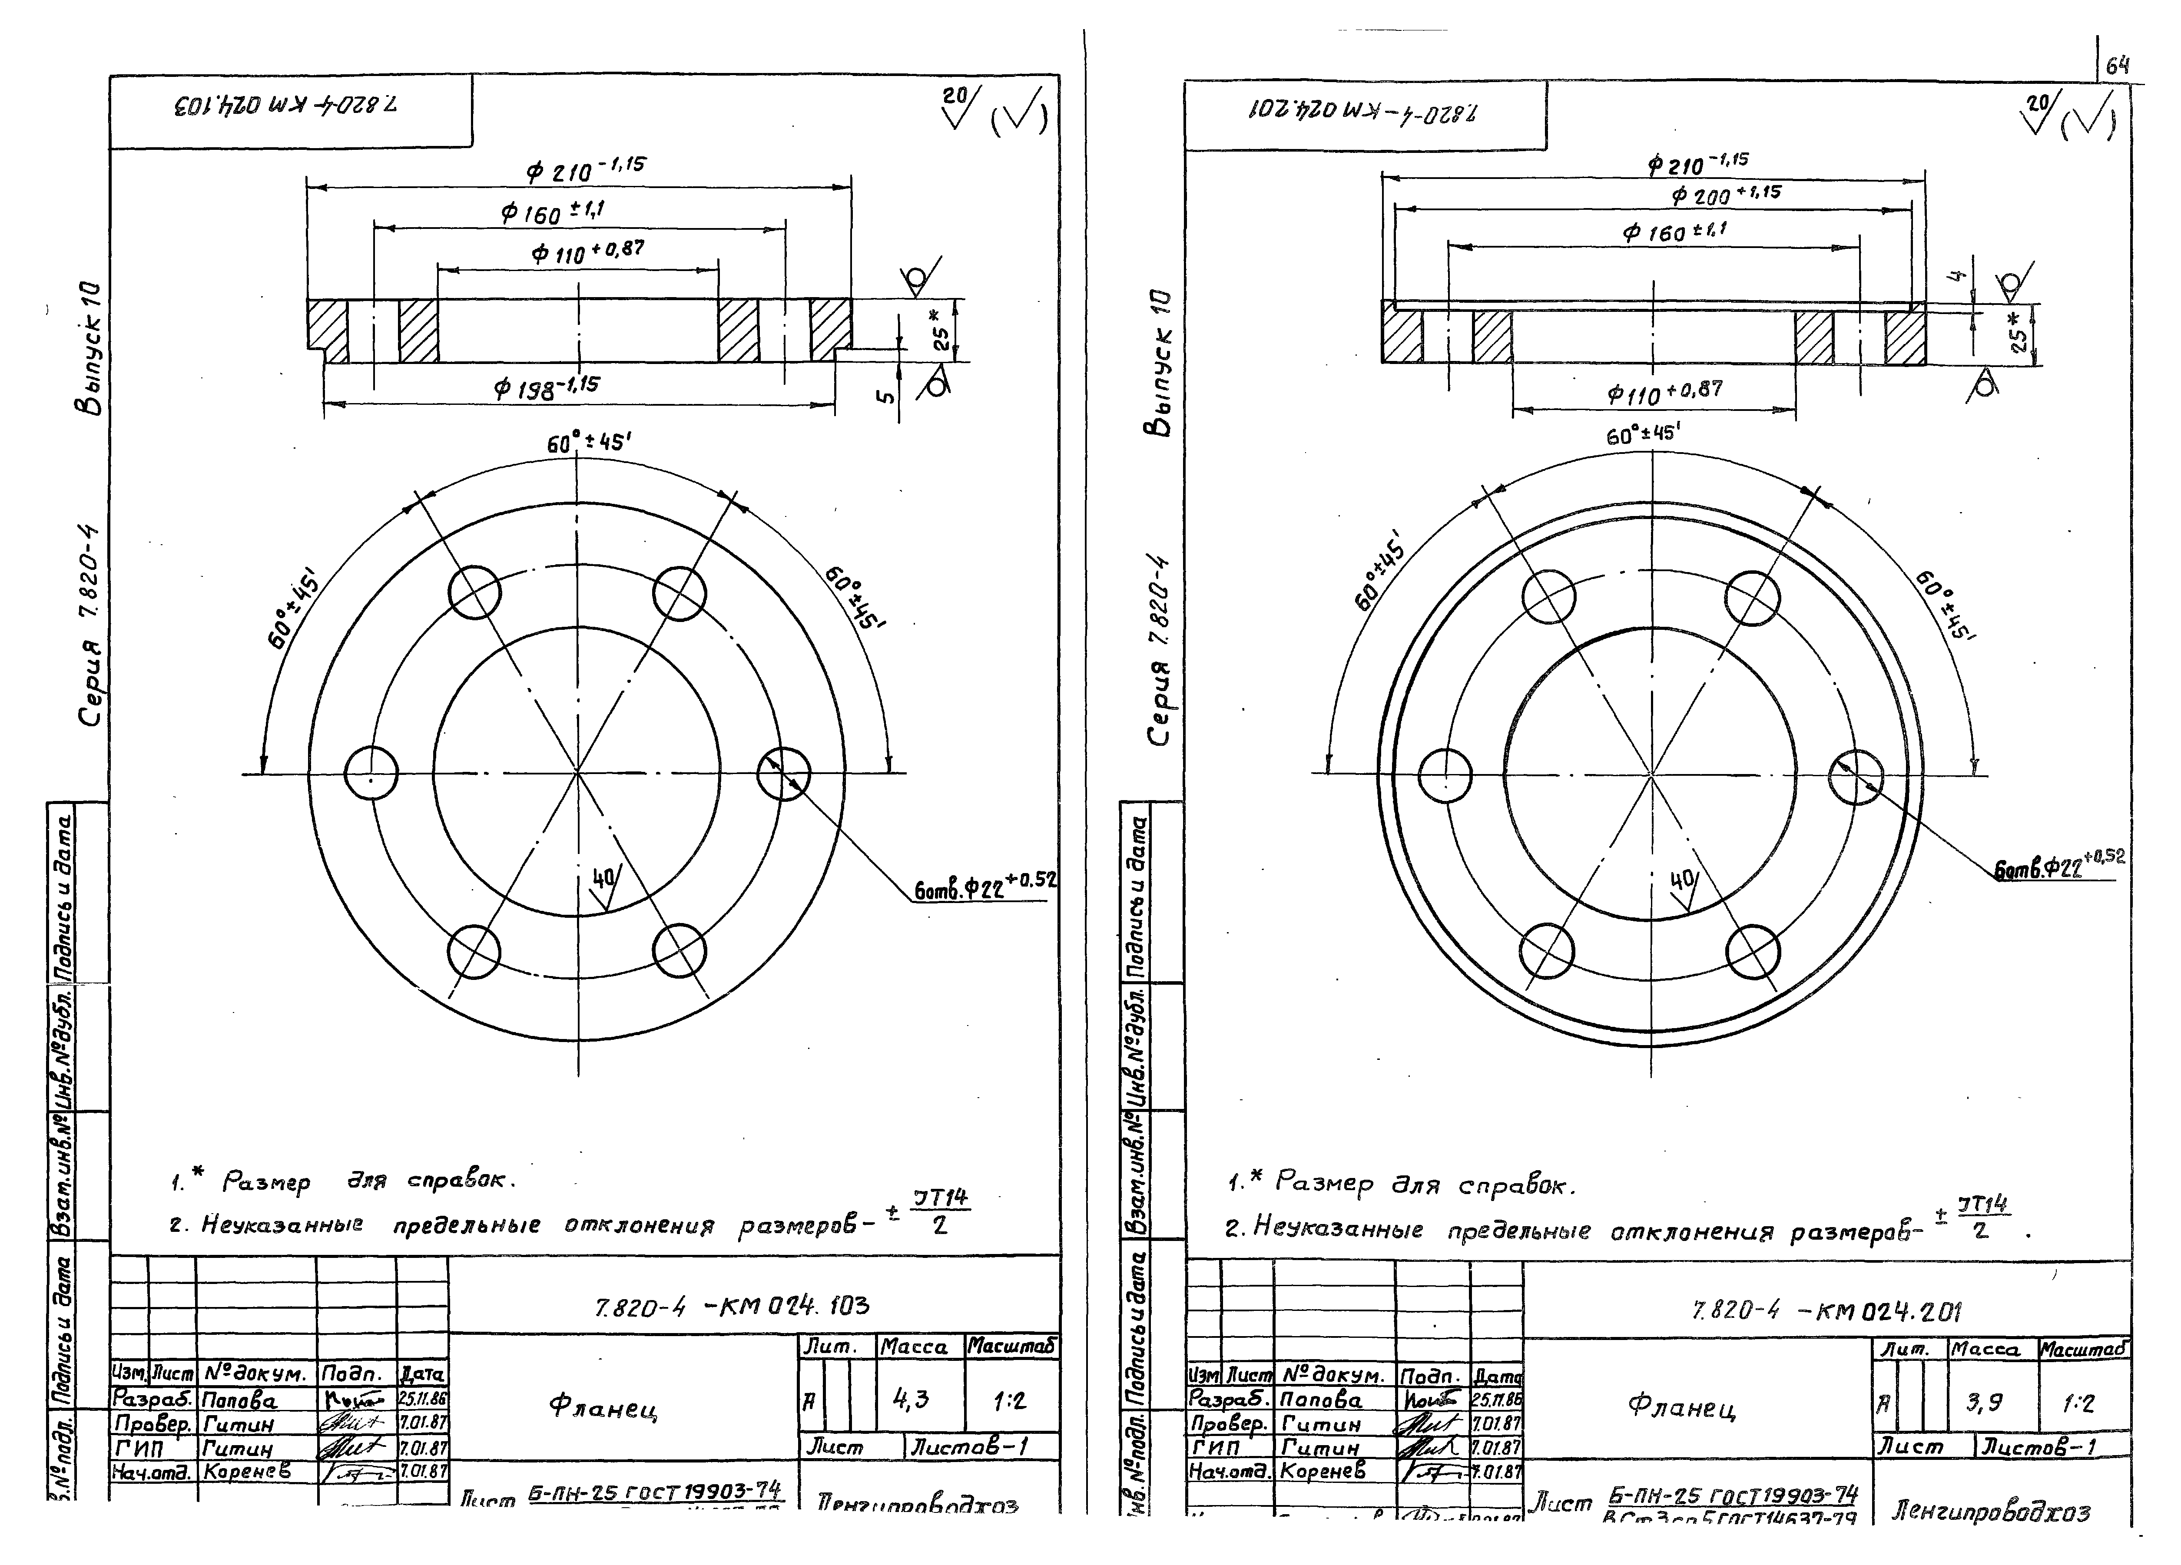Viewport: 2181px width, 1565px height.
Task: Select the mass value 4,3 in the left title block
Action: point(911,1399)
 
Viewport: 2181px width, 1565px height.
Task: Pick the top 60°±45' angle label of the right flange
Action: point(1642,434)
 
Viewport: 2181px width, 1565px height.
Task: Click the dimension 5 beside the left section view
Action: point(887,394)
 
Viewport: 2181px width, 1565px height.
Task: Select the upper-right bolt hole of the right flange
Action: point(1752,598)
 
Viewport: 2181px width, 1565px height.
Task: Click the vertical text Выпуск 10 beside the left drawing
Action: point(90,348)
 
